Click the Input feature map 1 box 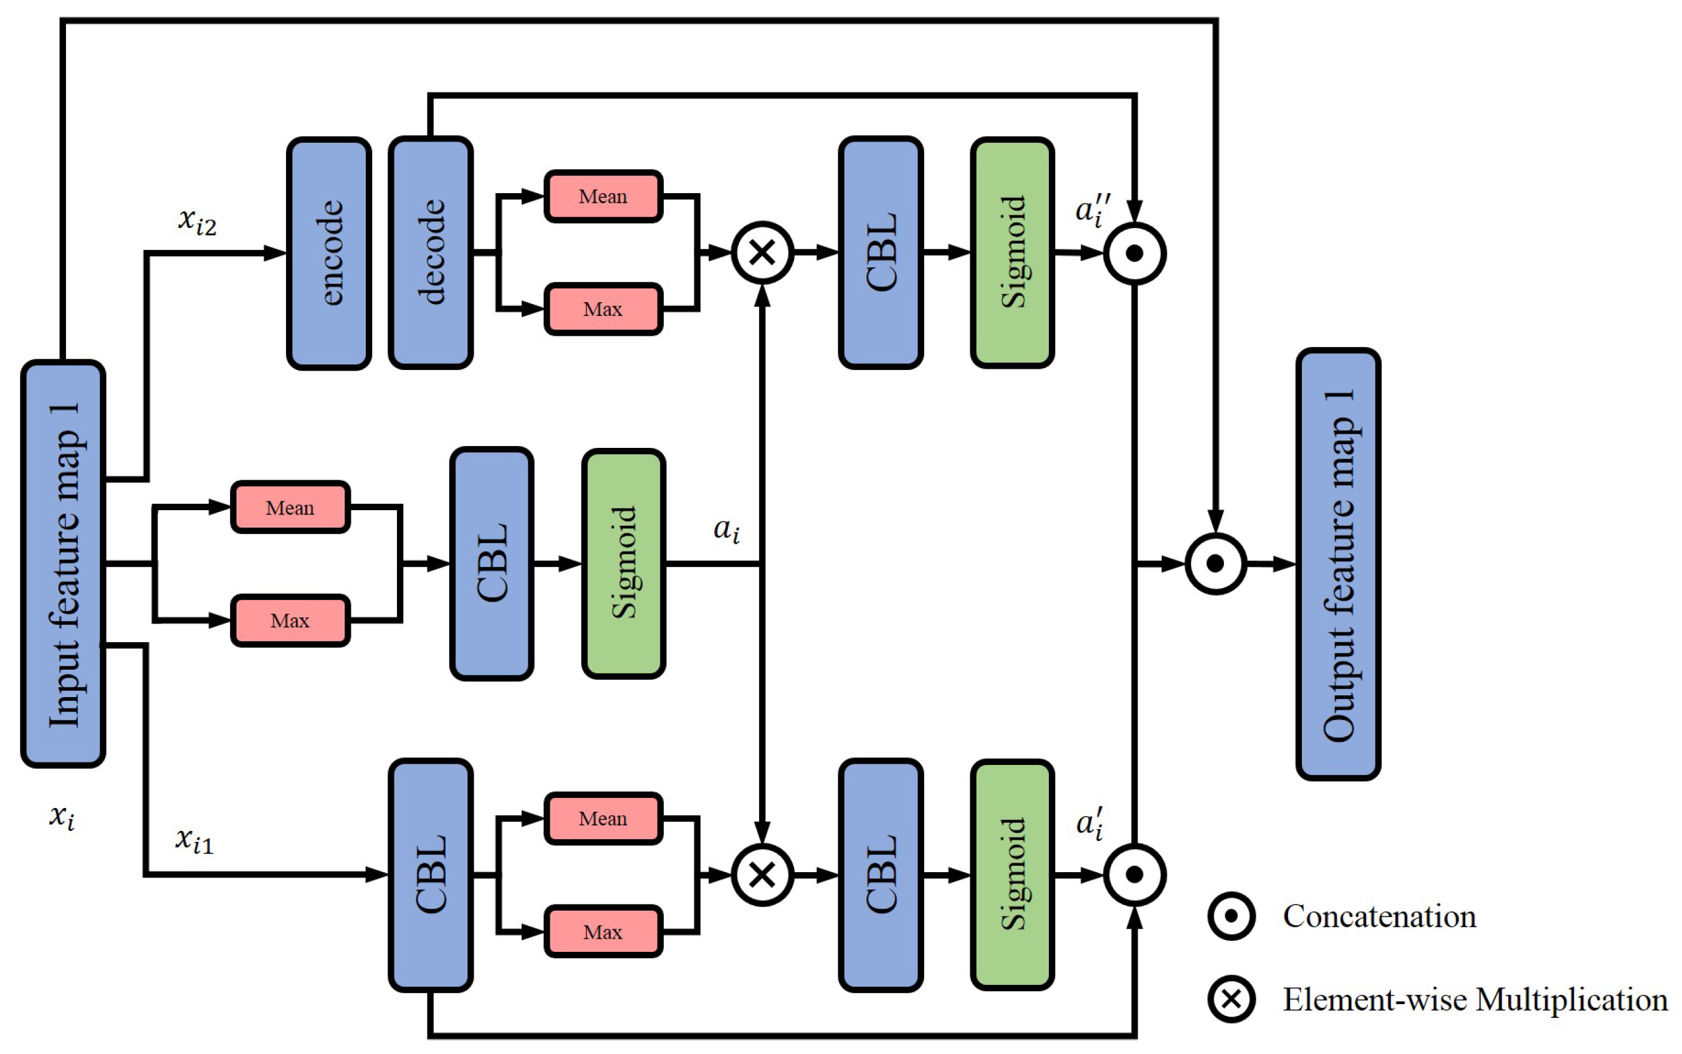pos(63,563)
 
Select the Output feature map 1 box pos(1337,563)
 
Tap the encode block pos(328,253)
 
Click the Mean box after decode pos(603,196)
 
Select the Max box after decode pos(603,309)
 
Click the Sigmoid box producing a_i pos(623,563)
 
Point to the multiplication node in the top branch pos(762,252)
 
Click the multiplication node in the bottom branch pos(762,874)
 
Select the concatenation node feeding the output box pos(1215,563)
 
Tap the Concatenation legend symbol pos(1231,915)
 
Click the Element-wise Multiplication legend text pos(1476,1000)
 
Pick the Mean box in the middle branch pos(290,508)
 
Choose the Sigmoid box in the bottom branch pos(1012,874)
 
